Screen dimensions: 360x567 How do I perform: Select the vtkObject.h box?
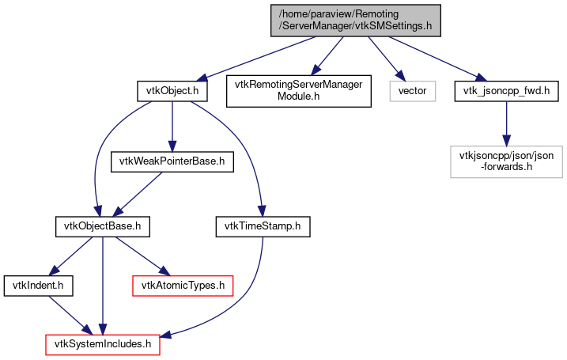tap(172, 91)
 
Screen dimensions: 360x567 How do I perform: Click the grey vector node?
tap(412, 91)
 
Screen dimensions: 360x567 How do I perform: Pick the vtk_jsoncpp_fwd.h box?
tap(506, 91)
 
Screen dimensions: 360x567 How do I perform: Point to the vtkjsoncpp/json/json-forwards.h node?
tap(506, 161)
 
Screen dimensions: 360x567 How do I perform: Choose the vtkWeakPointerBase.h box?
tap(172, 161)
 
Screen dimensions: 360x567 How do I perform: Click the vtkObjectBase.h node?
tap(101, 227)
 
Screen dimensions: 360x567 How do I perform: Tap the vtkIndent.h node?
tap(39, 282)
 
